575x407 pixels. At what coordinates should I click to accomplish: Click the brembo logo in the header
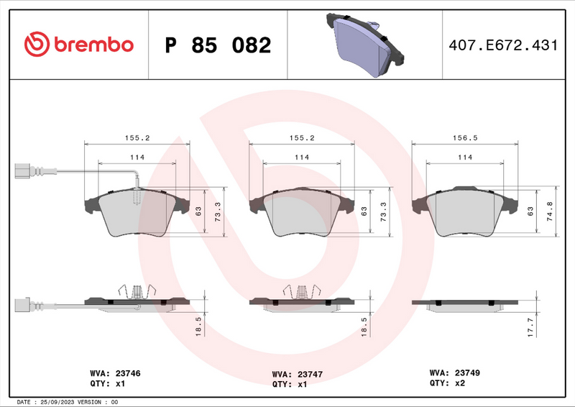(x=78, y=45)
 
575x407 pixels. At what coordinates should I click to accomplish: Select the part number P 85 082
(x=218, y=45)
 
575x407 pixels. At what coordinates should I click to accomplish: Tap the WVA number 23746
(x=126, y=374)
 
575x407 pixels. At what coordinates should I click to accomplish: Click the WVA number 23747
(x=310, y=374)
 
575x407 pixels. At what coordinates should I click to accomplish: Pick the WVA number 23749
(x=470, y=373)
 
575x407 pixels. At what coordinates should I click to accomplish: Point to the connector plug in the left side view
(x=27, y=303)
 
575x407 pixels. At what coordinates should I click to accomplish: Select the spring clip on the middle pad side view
(x=301, y=291)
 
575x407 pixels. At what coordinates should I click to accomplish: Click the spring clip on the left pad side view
(x=137, y=291)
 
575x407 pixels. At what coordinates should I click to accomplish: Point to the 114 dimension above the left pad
(x=137, y=157)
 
